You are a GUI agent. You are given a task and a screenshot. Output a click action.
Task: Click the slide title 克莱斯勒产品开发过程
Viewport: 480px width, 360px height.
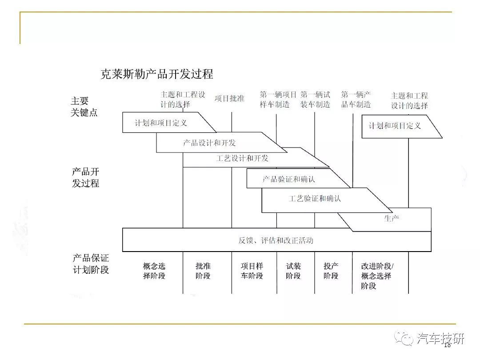[157, 74]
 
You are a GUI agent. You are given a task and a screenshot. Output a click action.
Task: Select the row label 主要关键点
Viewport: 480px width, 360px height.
[84, 107]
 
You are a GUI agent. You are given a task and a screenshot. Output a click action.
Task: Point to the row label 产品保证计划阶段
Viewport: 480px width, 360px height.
[91, 264]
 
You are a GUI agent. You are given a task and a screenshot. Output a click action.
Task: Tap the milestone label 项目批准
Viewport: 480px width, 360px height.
[229, 99]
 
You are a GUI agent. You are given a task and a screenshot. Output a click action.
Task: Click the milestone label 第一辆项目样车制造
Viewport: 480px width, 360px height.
[278, 100]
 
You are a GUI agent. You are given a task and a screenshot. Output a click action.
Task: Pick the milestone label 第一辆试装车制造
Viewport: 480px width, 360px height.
[315, 100]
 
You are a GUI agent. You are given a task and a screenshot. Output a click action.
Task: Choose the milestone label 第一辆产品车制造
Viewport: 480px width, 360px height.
[356, 100]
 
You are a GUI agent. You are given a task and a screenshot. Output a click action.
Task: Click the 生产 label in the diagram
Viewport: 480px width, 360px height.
[392, 218]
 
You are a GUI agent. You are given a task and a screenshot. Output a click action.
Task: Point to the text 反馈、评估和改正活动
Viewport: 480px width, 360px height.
[276, 240]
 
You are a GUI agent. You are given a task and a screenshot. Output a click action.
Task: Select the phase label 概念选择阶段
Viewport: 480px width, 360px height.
[154, 271]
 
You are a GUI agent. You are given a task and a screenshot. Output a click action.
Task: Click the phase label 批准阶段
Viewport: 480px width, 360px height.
[203, 271]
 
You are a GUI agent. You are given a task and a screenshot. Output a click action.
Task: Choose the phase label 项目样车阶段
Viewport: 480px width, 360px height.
[252, 271]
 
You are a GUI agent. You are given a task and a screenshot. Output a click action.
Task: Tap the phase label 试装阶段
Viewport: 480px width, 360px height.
[293, 271]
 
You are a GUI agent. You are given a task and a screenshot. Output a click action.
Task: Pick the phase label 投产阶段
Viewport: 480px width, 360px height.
[331, 271]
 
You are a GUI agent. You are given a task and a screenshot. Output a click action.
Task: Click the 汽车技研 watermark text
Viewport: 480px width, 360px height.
[440, 339]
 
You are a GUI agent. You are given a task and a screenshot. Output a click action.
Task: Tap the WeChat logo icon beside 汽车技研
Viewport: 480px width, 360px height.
[404, 339]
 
